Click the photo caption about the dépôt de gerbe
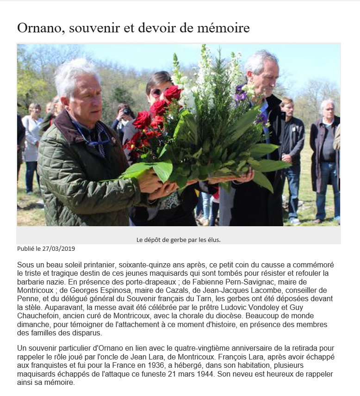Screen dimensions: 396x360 pyautogui.click(x=178, y=240)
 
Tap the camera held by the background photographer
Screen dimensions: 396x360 pyautogui.click(x=126, y=111)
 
